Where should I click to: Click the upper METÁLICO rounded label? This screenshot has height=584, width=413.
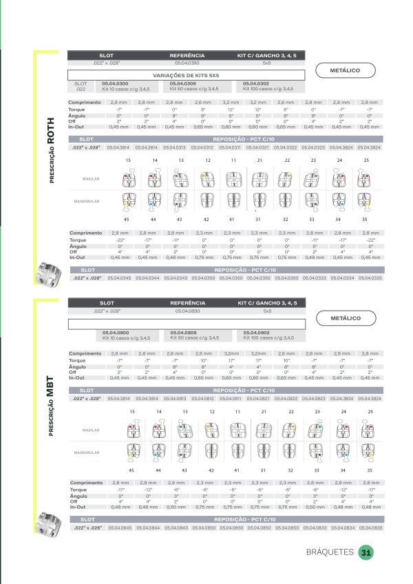pos(346,70)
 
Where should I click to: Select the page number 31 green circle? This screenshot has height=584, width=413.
pos(366,552)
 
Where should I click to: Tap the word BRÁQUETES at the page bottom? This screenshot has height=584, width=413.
pos(330,552)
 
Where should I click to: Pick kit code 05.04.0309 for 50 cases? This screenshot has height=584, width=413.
pos(182,83)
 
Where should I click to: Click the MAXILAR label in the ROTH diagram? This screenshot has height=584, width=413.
pos(92,178)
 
